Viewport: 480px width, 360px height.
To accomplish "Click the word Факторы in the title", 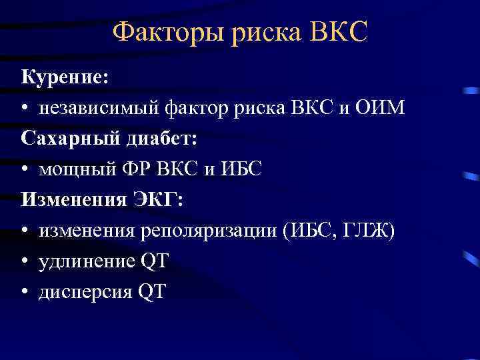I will [x=167, y=31].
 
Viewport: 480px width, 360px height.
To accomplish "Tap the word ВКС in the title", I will [x=339, y=31].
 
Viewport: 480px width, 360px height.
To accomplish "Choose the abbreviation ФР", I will [x=135, y=169].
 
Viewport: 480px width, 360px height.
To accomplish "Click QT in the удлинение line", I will [x=154, y=261].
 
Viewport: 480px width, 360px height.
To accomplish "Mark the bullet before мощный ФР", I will [x=25, y=171].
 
